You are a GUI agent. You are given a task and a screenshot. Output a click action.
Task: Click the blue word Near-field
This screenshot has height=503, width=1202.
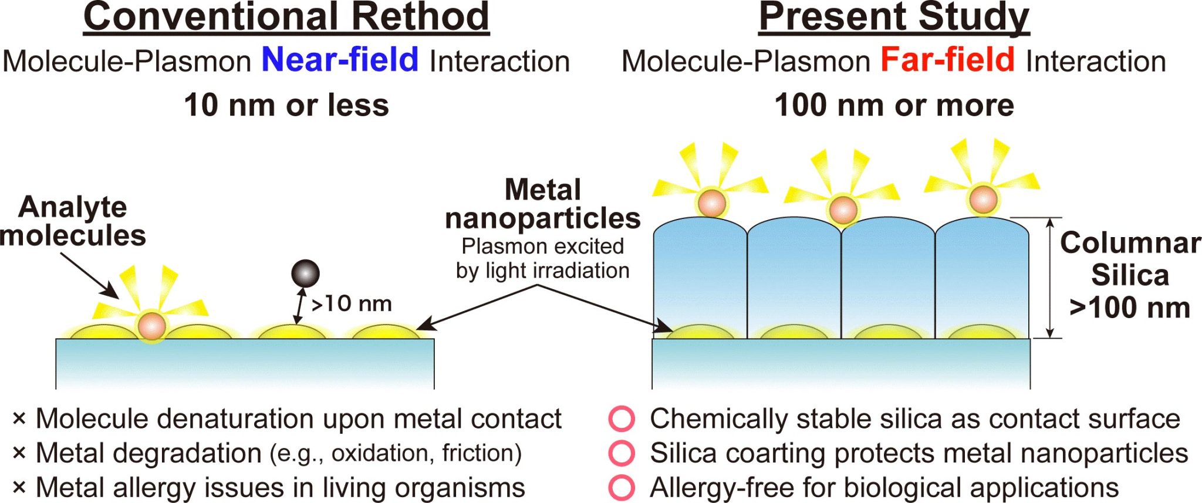point(340,60)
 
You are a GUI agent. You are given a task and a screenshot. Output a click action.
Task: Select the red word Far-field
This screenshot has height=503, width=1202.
point(947,60)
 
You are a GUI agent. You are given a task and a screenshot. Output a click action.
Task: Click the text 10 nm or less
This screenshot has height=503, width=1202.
point(286,105)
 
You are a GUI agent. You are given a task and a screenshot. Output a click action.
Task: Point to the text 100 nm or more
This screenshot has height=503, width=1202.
point(894,105)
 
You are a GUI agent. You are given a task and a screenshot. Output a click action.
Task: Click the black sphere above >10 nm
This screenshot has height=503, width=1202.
point(305,274)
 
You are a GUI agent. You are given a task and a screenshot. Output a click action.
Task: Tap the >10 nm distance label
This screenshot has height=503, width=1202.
point(351,303)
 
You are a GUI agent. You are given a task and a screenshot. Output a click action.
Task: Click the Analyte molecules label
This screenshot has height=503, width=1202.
point(73,221)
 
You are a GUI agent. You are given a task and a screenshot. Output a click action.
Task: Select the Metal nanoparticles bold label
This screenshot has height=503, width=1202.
point(542,204)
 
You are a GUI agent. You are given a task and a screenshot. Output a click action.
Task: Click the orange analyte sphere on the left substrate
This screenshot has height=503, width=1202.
point(152,326)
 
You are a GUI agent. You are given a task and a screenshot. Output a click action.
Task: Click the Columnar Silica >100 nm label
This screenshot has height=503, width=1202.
point(1130,275)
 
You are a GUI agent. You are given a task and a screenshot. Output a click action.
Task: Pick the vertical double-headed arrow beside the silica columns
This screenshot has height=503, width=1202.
point(1051,278)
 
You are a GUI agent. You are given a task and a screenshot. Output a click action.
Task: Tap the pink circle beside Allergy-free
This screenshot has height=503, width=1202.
point(622,487)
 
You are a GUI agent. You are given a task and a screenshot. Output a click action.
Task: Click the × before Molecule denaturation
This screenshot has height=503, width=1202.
point(19,419)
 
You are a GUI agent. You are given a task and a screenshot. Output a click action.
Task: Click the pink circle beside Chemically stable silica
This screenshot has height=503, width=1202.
point(622,419)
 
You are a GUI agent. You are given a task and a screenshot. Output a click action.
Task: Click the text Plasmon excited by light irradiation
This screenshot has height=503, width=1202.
point(542,258)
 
